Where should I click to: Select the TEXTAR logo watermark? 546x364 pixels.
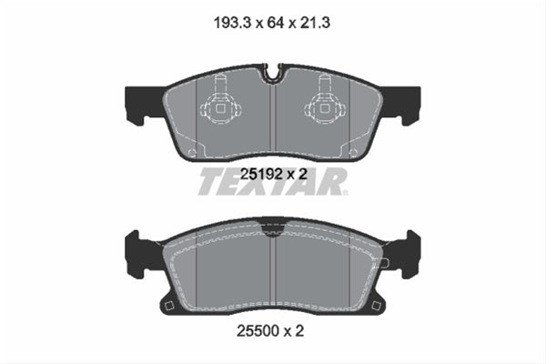pos(272,181)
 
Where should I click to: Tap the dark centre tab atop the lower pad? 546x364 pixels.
pos(273,221)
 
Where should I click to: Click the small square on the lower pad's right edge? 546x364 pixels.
pos(386,263)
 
